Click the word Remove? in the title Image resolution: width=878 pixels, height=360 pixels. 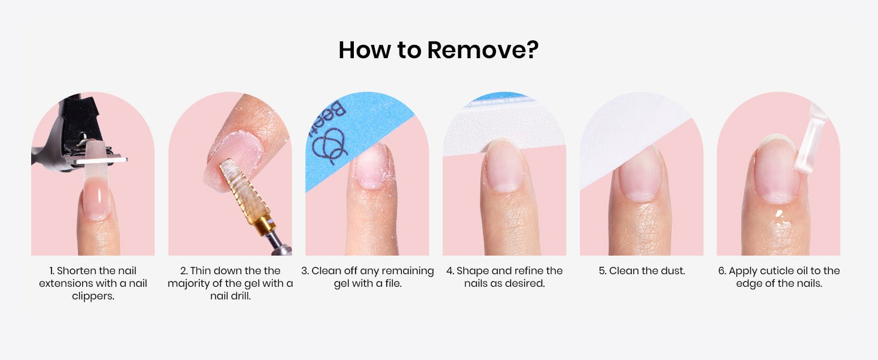click(483, 50)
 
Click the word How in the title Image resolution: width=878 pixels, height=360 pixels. click(365, 50)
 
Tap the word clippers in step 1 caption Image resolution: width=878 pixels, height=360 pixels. click(92, 296)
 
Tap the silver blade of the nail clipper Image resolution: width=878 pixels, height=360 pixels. click(101, 160)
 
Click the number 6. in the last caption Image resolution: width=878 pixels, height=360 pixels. click(723, 271)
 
